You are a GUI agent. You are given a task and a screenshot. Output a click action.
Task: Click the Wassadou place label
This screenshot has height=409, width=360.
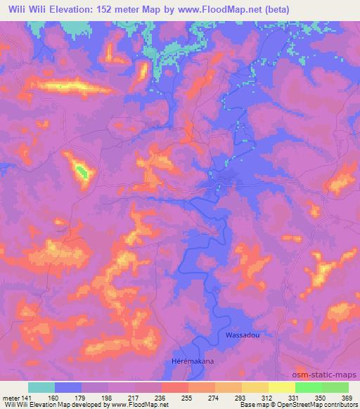[x=243, y=335]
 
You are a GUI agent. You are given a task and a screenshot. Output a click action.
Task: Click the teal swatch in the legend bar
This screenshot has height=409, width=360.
[x=41, y=387]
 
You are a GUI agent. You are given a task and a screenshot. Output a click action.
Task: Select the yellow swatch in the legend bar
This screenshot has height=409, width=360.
[x=281, y=387]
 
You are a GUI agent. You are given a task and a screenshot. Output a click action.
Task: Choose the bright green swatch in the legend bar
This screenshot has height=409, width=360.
[x=309, y=387]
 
